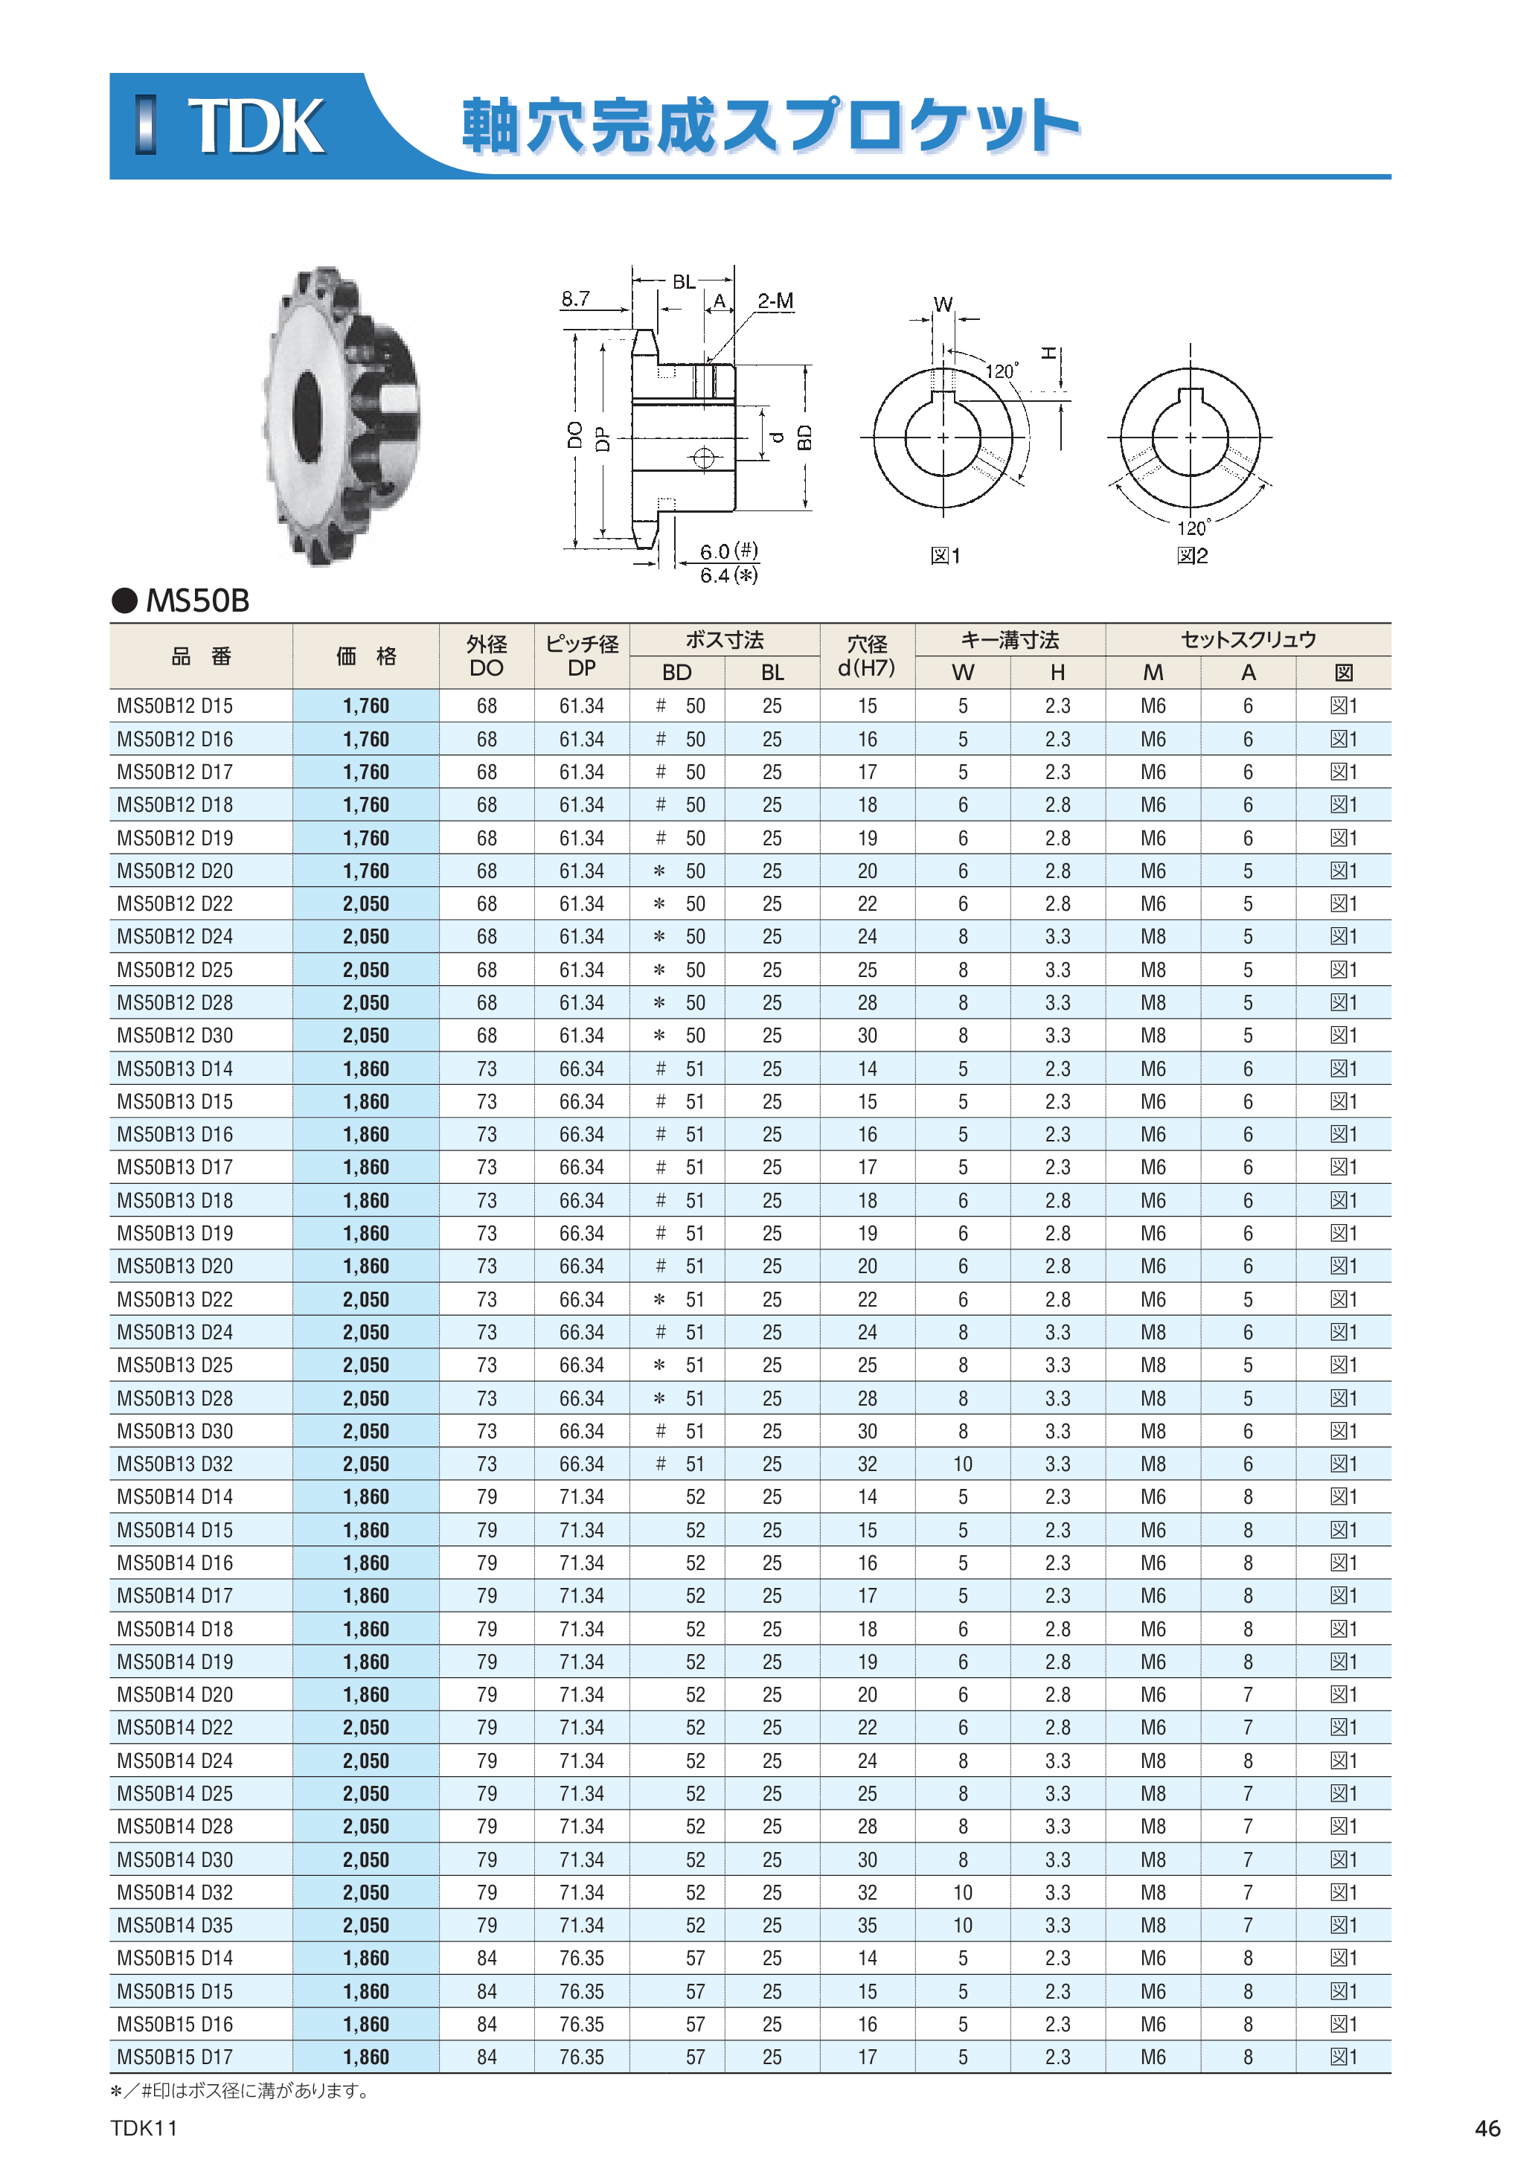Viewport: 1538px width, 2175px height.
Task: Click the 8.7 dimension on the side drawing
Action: (575, 299)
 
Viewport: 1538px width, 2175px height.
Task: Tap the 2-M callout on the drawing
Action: (775, 301)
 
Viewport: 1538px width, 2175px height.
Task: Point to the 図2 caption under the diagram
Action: (1192, 556)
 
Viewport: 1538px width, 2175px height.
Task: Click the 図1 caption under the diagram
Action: (945, 556)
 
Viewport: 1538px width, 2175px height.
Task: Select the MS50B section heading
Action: (197, 600)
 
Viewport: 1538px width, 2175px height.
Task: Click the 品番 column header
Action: (201, 656)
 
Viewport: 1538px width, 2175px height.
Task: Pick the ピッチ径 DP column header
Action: (581, 656)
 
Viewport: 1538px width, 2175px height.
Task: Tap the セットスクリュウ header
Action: (1249, 639)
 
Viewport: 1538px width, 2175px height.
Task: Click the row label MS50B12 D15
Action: (174, 705)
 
